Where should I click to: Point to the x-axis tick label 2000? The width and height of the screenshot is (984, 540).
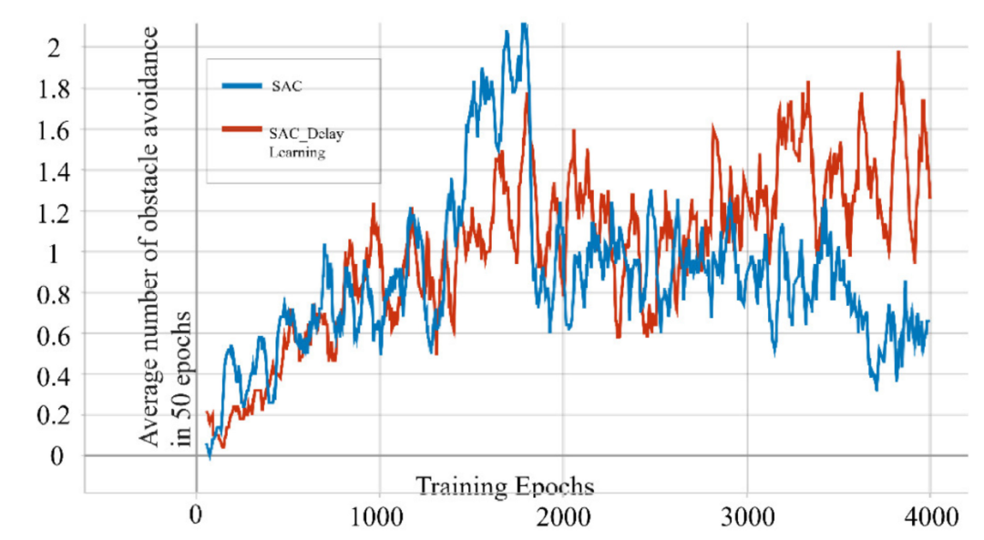pos(562,517)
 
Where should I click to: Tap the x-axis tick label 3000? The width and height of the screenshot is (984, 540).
pos(746,517)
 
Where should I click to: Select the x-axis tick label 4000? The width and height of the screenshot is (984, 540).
pos(929,517)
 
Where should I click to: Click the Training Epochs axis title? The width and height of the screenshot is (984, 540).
pos(506,485)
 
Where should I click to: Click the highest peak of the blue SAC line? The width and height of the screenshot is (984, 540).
pos(523,25)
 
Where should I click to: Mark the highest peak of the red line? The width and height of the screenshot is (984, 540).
pos(898,52)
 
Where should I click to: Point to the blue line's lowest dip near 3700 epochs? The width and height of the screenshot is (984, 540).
pos(876,390)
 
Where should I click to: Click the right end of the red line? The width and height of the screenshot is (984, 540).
pos(929,197)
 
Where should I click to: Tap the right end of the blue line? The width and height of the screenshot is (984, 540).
pos(928,321)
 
